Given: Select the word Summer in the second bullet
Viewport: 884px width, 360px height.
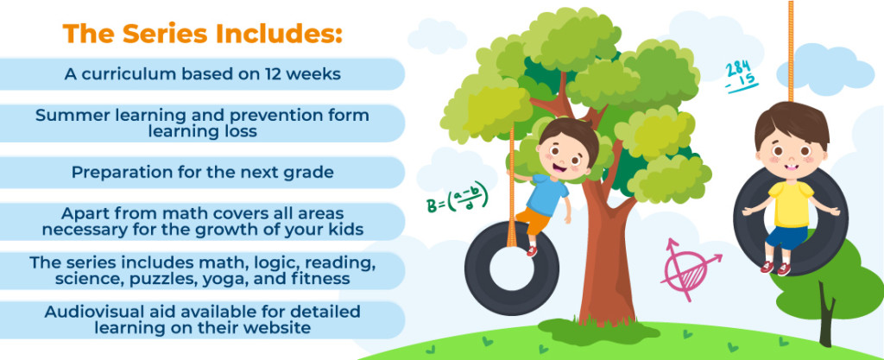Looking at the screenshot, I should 71,115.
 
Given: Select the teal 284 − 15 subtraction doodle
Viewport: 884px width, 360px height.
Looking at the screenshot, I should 742,75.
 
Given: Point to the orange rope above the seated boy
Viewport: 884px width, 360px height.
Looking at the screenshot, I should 790,43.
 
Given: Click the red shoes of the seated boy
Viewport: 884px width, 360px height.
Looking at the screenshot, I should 775,268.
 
